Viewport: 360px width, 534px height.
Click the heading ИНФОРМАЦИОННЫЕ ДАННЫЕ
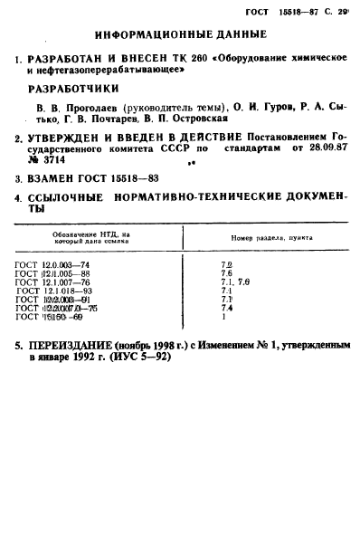pyautogui.click(x=179, y=35)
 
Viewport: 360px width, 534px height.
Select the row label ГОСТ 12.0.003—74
pyautogui.click(x=52, y=263)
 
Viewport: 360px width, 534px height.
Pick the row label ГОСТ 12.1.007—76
pyautogui.click(x=52, y=281)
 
